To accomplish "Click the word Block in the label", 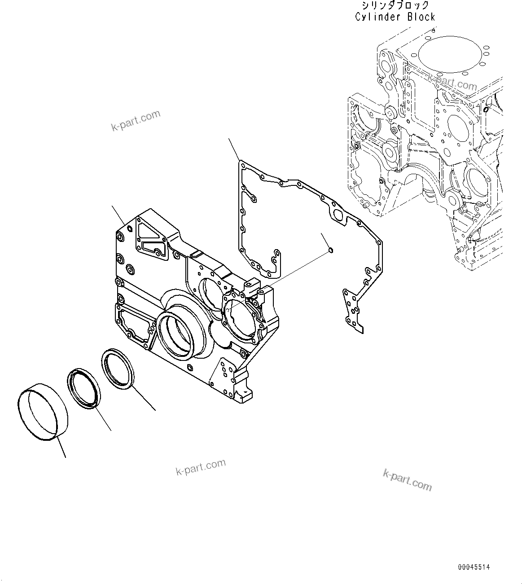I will (421, 17).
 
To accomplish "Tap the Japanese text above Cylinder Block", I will (395, 6).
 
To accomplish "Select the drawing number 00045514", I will (474, 567).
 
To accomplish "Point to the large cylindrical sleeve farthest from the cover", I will (42, 411).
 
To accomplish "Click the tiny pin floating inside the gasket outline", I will (331, 250).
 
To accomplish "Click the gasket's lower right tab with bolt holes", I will (353, 311).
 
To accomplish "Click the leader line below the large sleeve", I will (61, 447).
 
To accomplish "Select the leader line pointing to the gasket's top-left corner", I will (234, 149).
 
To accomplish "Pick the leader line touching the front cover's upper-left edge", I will (118, 215).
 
